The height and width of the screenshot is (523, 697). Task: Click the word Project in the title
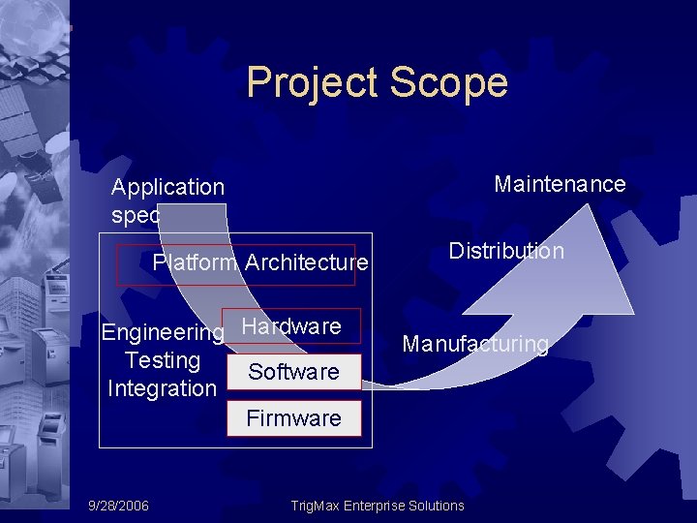tap(312, 83)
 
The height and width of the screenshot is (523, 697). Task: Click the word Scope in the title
tap(449, 83)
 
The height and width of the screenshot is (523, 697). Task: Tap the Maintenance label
tap(560, 184)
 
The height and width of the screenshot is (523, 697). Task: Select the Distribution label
tap(505, 252)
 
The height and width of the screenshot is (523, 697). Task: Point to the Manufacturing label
tap(475, 344)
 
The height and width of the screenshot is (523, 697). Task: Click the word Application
tap(167, 187)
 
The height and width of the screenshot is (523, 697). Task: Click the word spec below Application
tap(136, 215)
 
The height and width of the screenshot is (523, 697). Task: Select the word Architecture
tap(306, 262)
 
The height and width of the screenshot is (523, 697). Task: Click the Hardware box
tap(291, 327)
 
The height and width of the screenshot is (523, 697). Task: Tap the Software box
tap(293, 372)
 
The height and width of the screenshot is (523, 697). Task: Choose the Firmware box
tap(293, 418)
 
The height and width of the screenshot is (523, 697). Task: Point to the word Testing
tap(163, 361)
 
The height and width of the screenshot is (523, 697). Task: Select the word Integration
tap(162, 389)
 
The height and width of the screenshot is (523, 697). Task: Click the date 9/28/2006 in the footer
tap(118, 506)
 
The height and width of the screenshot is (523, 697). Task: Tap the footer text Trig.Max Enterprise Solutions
tap(378, 506)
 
